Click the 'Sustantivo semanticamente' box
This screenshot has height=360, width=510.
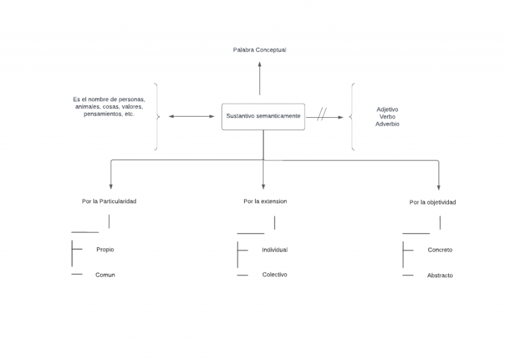263,117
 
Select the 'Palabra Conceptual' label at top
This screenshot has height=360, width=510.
259,50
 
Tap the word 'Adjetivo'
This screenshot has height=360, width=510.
388,110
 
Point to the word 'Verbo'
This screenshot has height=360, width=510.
388,117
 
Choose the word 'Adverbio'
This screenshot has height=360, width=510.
388,124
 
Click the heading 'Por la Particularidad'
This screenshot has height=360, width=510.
109,201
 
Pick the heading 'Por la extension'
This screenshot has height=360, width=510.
265,201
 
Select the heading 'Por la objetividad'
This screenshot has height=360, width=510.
432,202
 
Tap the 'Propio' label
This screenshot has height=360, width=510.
105,250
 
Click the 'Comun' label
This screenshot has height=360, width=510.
105,275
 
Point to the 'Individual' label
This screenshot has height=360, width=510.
275,250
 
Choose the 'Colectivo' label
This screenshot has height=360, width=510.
275,275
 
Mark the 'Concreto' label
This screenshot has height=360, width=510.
440,250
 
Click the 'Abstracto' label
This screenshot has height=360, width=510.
440,275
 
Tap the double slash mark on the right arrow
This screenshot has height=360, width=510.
321,114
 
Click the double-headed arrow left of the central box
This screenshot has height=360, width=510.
192,117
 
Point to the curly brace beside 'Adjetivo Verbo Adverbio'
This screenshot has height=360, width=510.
353,117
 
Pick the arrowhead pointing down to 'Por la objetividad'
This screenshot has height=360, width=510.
439,187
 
